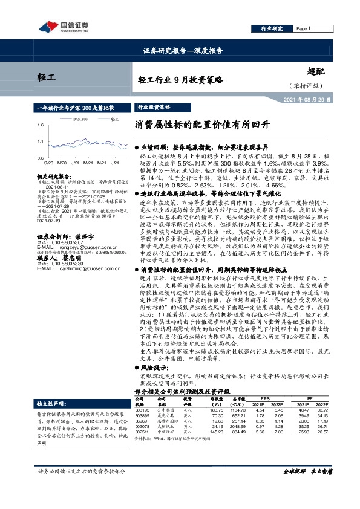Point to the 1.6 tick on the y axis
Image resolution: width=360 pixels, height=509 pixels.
(40, 125)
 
